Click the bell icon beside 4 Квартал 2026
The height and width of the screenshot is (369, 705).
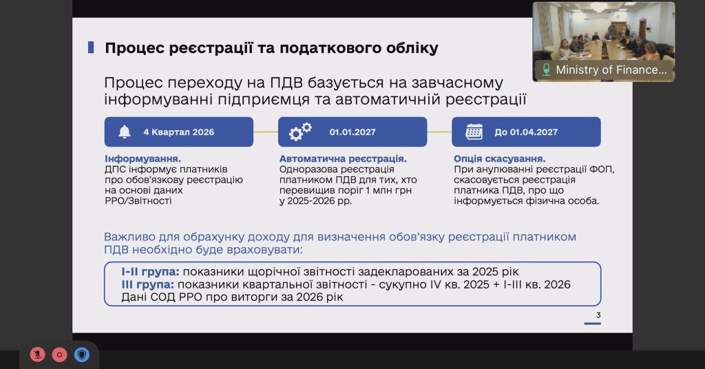tap(125, 131)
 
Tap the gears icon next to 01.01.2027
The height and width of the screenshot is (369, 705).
tap(300, 131)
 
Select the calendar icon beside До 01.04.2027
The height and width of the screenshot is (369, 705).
tap(474, 131)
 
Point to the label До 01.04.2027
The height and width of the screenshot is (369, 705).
tap(526, 132)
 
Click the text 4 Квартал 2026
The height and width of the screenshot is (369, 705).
tap(178, 132)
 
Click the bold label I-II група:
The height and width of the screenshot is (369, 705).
tap(150, 271)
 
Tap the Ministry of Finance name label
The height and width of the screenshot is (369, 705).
tap(611, 70)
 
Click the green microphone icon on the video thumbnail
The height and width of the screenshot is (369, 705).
tap(547, 70)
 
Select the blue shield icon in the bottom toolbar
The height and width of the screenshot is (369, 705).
tap(82, 355)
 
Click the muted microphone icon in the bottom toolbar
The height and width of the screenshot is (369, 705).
tap(38, 355)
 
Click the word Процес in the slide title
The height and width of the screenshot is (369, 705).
tap(131, 48)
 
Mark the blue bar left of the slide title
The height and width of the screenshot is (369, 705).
tap(90, 48)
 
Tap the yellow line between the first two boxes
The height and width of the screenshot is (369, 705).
tap(266, 131)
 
